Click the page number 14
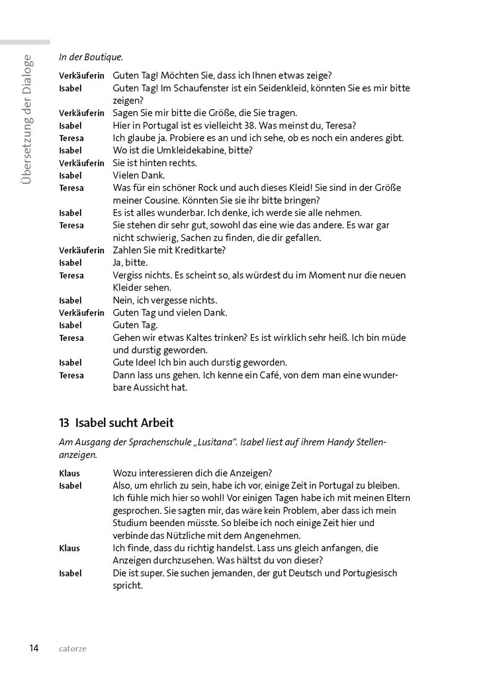click(33, 647)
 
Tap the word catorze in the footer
click(71, 649)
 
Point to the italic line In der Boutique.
click(91, 57)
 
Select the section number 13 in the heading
click(64, 422)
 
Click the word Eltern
click(395, 498)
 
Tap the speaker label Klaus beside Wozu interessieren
click(69, 472)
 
